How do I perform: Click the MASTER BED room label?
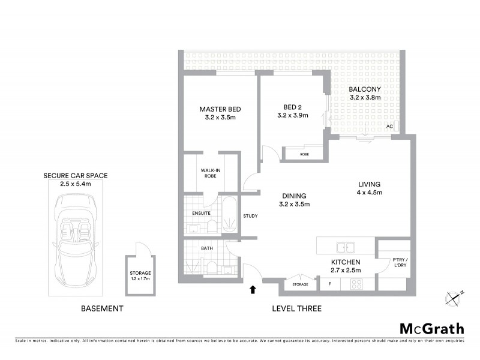[220, 109]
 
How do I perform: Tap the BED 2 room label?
[292, 109]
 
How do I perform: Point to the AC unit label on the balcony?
[389, 127]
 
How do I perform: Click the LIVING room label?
[370, 184]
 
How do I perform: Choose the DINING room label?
[293, 196]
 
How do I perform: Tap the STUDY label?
[250, 216]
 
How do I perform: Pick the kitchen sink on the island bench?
[345, 247]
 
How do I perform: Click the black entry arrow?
[252, 290]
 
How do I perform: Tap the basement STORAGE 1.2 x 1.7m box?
[140, 275]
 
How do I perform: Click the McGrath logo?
[432, 328]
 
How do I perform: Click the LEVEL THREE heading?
[296, 308]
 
